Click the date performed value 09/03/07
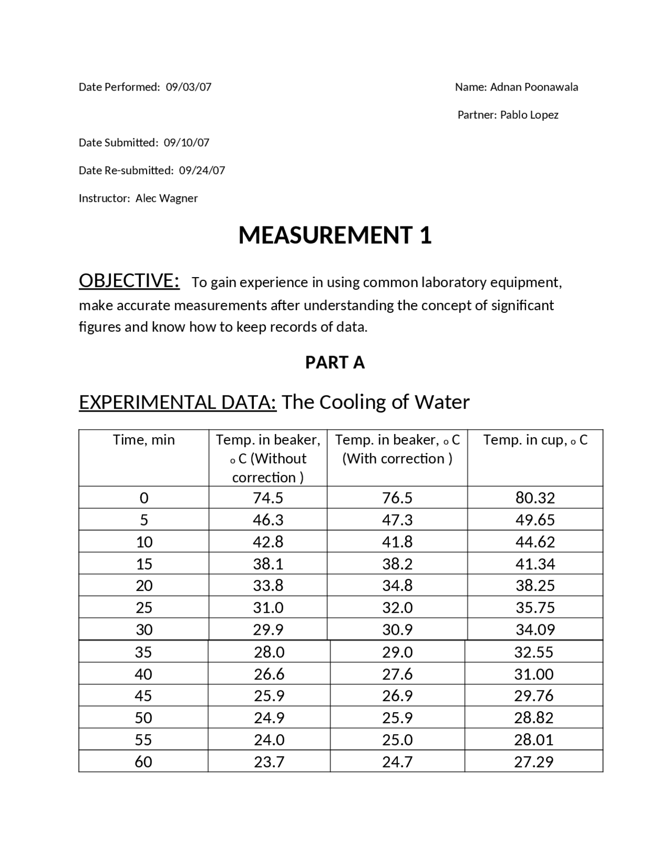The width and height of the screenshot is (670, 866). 188,87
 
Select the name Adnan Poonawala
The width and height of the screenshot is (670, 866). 533,87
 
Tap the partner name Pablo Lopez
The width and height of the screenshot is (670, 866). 529,115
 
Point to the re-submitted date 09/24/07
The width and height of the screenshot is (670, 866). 202,170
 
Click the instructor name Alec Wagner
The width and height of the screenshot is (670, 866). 166,198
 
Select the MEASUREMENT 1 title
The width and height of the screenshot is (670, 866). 335,235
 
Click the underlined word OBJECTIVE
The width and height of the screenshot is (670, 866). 129,281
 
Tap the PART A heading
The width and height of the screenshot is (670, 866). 335,362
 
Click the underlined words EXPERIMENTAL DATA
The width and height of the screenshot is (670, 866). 177,402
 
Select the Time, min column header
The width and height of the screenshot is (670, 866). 144,440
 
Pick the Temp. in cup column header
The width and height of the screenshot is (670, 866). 535,440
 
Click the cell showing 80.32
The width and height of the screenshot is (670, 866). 535,498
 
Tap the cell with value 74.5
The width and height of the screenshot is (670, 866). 268,498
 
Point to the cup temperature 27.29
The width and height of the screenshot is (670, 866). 533,761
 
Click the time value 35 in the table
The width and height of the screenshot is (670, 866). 143,652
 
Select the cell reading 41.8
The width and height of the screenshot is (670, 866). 397,542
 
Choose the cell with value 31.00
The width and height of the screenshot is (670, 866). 533,674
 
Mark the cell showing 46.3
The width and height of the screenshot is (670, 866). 268,520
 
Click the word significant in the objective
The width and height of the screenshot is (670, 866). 522,305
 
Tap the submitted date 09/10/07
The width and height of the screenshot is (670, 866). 186,143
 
